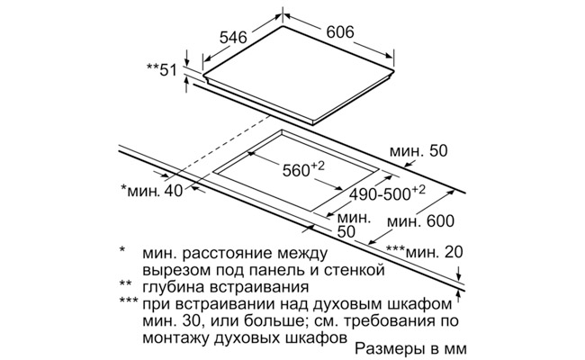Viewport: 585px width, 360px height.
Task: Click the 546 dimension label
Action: tap(233, 38)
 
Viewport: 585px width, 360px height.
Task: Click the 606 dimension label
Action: tap(340, 32)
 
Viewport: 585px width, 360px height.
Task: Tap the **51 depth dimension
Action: tap(161, 70)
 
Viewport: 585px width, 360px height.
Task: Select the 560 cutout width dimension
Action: tap(303, 169)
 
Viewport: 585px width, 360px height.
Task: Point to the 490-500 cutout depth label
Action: tap(387, 193)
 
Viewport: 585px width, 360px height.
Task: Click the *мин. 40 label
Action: tap(152, 191)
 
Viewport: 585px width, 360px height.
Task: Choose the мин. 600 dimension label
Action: tap(420, 221)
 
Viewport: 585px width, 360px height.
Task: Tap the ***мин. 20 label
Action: tap(424, 252)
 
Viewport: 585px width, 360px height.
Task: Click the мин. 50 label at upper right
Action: tap(418, 151)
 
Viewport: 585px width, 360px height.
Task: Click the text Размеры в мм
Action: tap(410, 349)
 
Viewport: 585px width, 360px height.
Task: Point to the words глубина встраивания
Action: tap(226, 287)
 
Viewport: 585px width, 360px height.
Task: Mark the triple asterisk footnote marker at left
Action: tap(129, 301)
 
